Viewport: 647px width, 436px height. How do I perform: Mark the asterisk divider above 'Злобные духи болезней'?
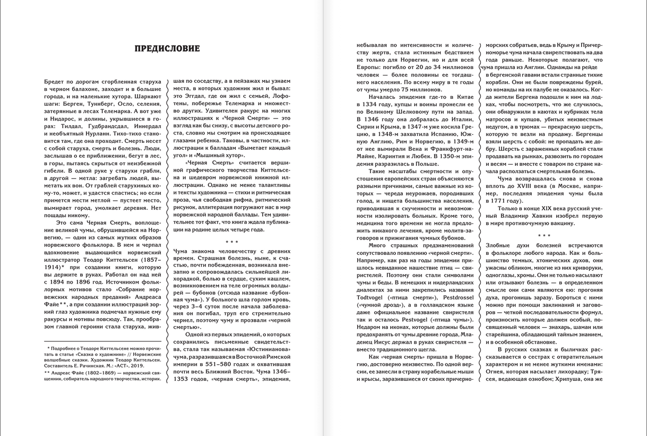[x=544, y=235]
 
